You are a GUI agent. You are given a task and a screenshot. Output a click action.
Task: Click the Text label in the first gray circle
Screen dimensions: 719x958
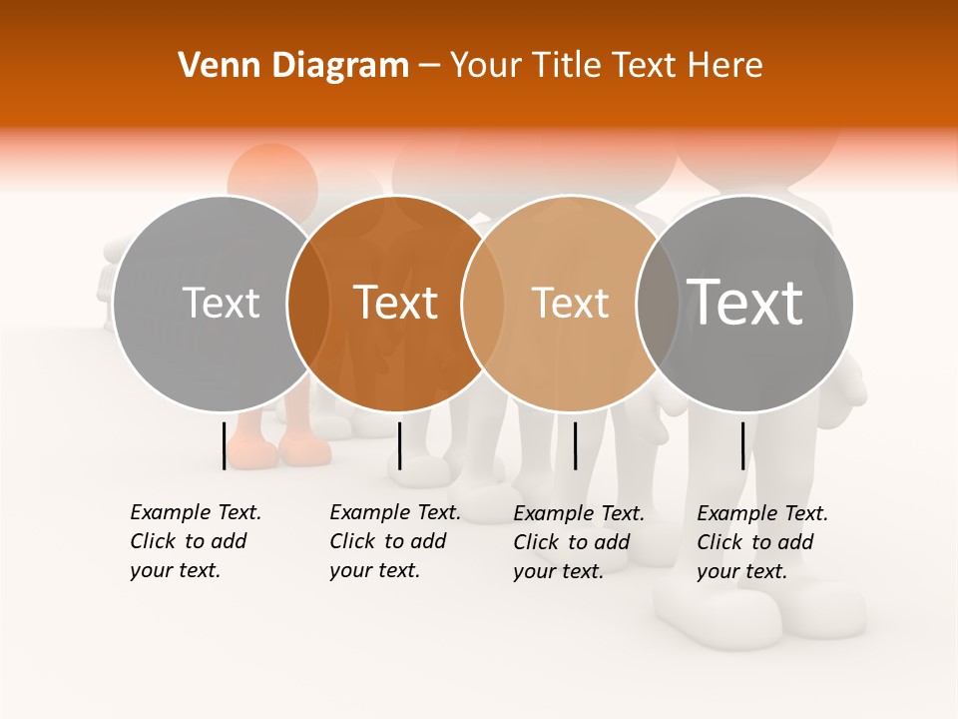click(x=221, y=303)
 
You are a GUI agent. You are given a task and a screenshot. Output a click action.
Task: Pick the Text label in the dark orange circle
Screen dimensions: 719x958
click(x=396, y=303)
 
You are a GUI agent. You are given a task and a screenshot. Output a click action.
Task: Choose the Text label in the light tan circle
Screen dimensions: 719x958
click(x=570, y=303)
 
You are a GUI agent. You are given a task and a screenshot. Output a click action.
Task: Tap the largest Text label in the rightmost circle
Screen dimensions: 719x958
click(x=745, y=303)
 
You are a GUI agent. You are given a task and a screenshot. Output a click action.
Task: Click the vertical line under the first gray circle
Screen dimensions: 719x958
click(x=224, y=445)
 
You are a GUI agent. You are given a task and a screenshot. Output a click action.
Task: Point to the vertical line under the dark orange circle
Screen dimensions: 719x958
click(x=399, y=445)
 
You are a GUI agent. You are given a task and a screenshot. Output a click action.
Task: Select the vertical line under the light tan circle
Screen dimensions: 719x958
click(x=575, y=445)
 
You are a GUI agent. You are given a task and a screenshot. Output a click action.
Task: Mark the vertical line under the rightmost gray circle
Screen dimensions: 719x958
click(x=743, y=445)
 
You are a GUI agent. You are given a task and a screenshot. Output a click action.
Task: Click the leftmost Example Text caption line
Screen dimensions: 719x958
click(x=196, y=512)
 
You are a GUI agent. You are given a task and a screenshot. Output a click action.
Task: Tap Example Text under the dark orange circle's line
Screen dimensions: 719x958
click(x=395, y=512)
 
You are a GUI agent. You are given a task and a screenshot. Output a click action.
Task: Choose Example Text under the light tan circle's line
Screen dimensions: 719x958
click(x=579, y=513)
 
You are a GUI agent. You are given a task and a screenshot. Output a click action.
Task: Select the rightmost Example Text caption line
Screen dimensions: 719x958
click(x=762, y=513)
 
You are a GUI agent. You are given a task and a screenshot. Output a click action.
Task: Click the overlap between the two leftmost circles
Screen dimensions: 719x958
click(x=308, y=303)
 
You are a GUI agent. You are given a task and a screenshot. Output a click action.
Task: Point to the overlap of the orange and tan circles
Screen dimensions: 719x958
click(x=483, y=303)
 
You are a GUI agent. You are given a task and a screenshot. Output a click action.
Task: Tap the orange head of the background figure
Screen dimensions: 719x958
click(x=272, y=178)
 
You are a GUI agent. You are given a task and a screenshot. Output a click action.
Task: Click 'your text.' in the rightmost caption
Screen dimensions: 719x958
click(x=741, y=571)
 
